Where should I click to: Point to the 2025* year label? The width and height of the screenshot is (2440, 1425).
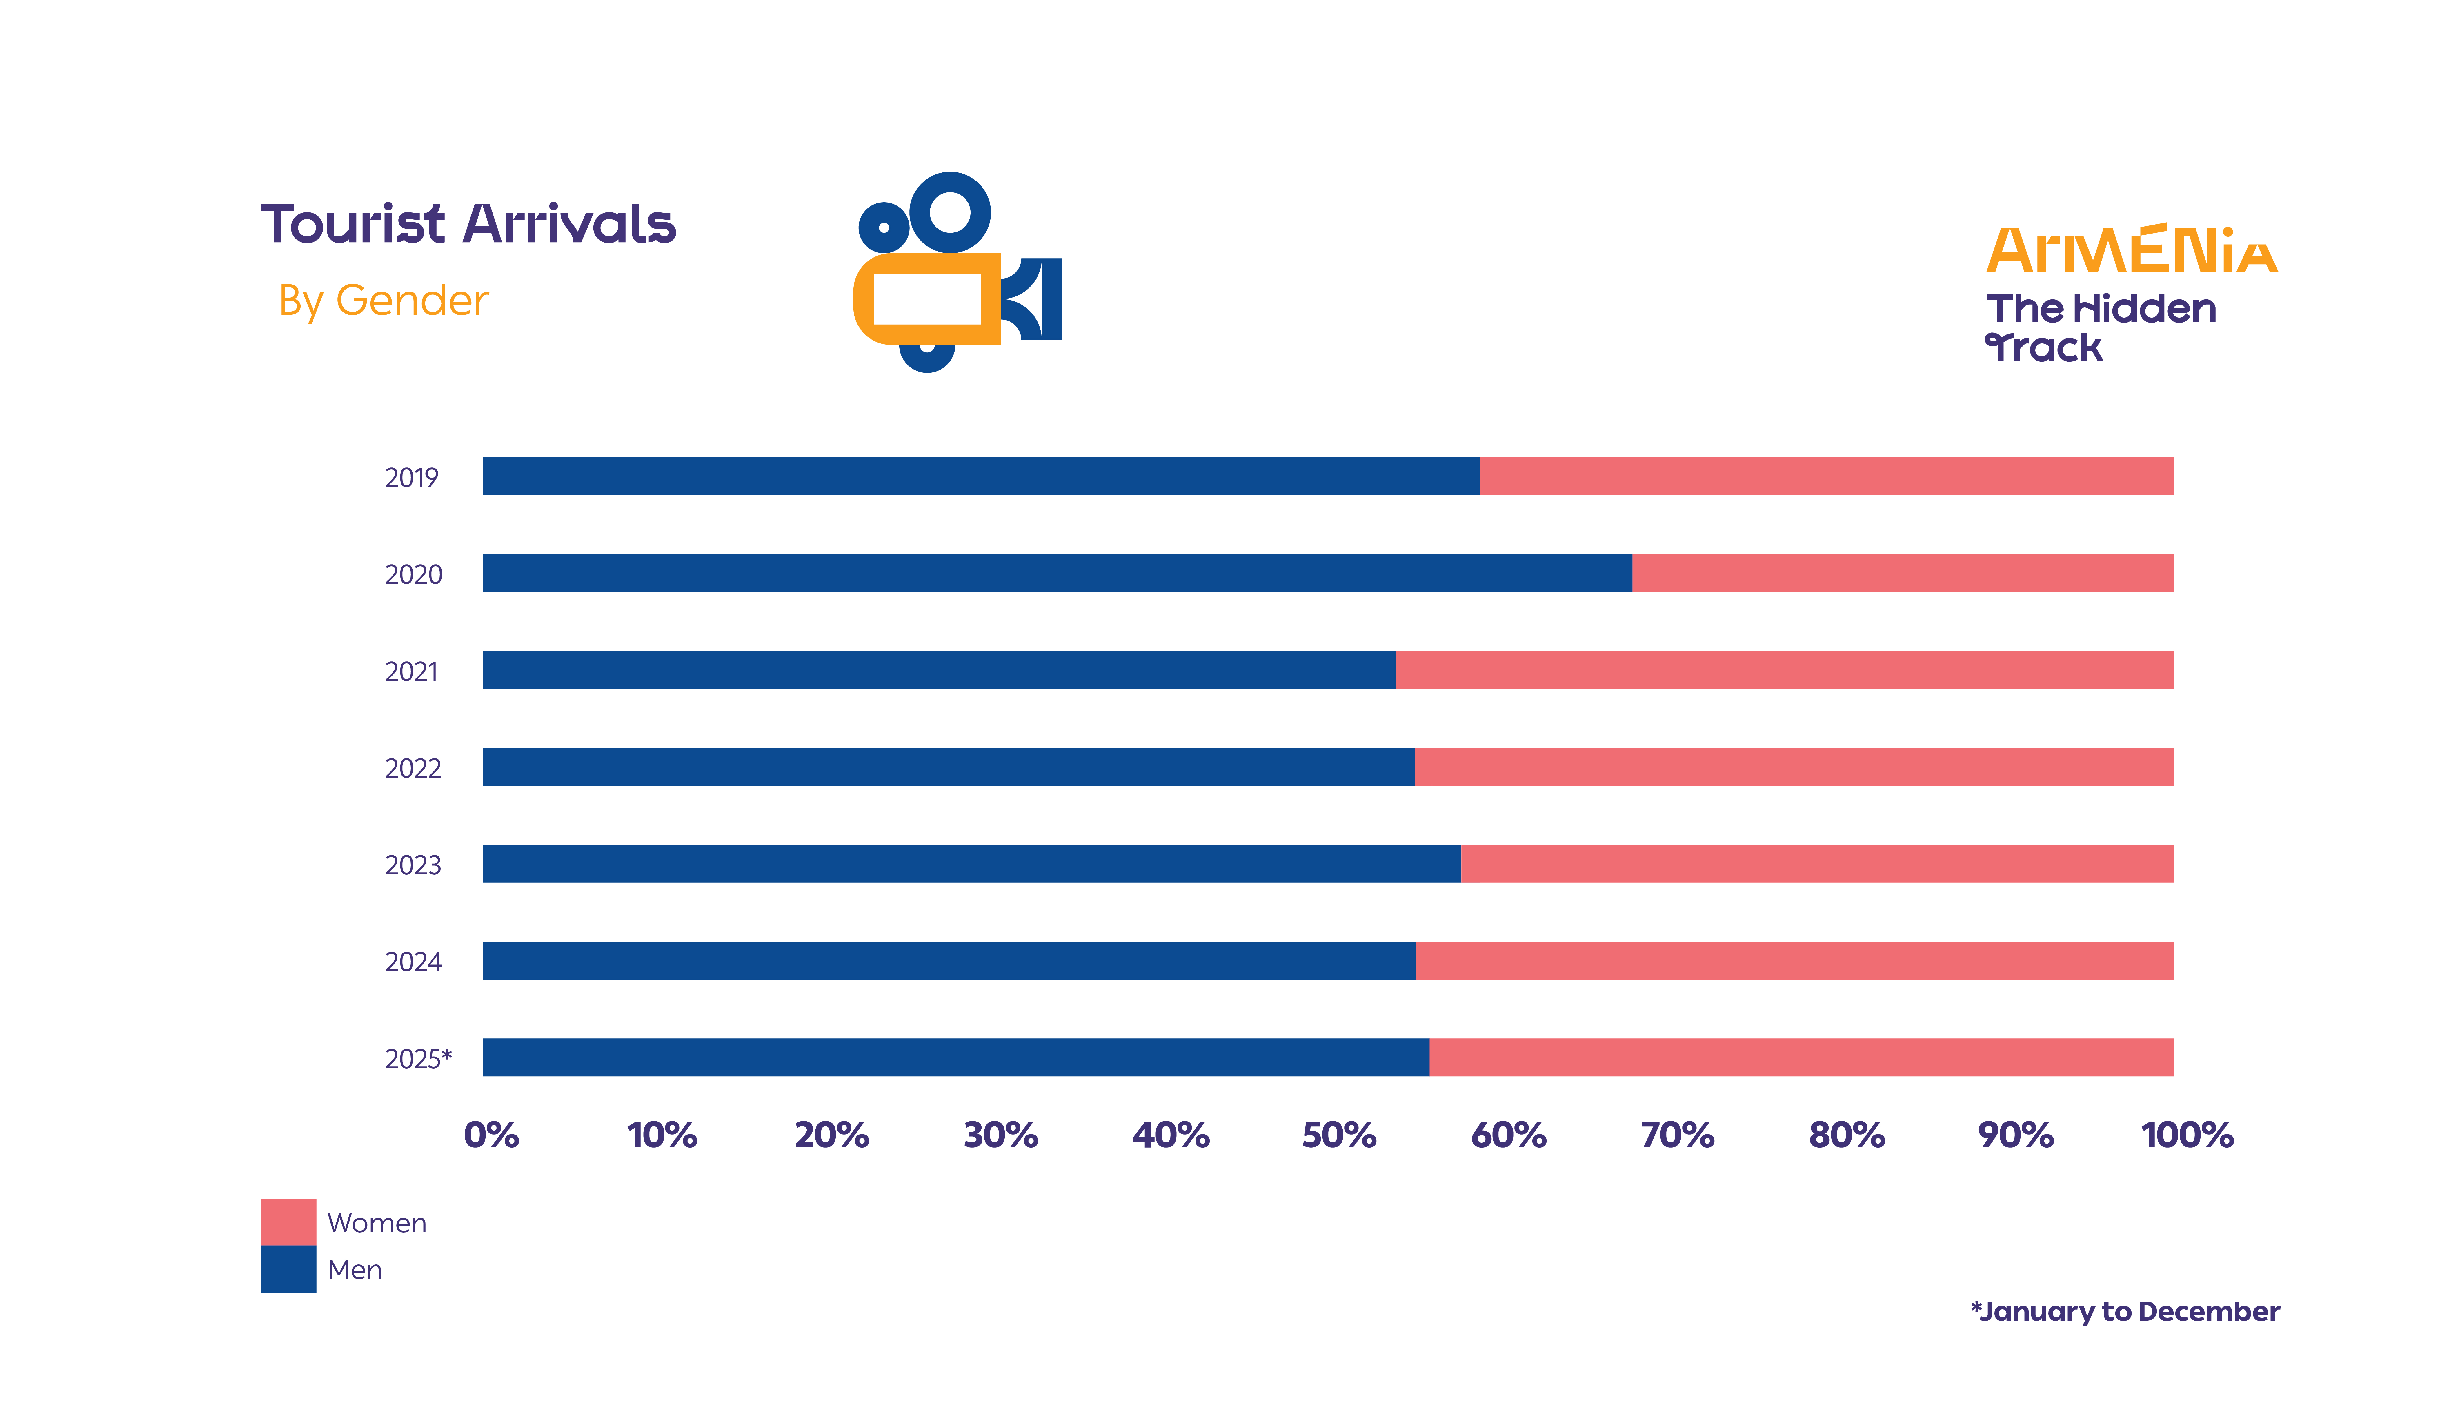coord(418,1059)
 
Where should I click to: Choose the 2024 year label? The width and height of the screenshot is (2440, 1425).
coord(413,962)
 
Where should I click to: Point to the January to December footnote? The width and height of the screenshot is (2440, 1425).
coord(2125,1312)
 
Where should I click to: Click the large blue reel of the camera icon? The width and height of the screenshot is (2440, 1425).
coord(949,212)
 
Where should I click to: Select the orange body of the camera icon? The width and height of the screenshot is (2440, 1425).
coord(926,299)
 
